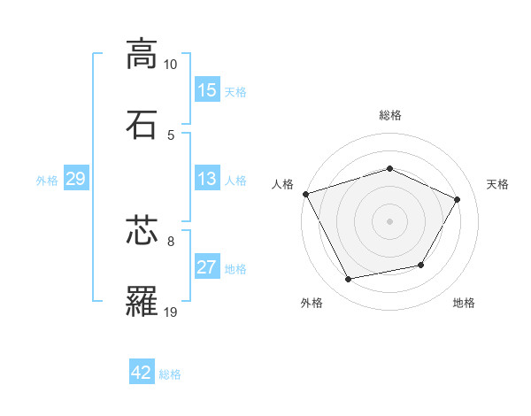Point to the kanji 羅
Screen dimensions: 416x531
pyautogui.click(x=142, y=302)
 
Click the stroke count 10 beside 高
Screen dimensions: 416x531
pyautogui.click(x=171, y=65)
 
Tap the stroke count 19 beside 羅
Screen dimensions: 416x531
pyautogui.click(x=171, y=312)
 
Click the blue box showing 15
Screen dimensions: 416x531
pyautogui.click(x=207, y=90)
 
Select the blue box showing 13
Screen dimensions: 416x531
pyautogui.click(x=207, y=179)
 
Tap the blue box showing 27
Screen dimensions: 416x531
pyautogui.click(x=207, y=267)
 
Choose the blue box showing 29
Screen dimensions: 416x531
pyautogui.click(x=75, y=179)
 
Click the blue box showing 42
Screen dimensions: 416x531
pyautogui.click(x=142, y=373)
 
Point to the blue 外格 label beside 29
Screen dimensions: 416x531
pyautogui.click(x=47, y=180)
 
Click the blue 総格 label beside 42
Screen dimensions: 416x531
pyautogui.click(x=170, y=374)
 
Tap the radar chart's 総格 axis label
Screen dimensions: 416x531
pyautogui.click(x=389, y=115)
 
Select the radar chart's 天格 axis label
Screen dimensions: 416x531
pyautogui.click(x=498, y=184)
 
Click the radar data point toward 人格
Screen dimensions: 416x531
pyautogui.click(x=305, y=194)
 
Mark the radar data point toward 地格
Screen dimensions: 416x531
pyautogui.click(x=421, y=265)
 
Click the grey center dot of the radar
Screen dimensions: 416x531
pyautogui.click(x=389, y=220)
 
